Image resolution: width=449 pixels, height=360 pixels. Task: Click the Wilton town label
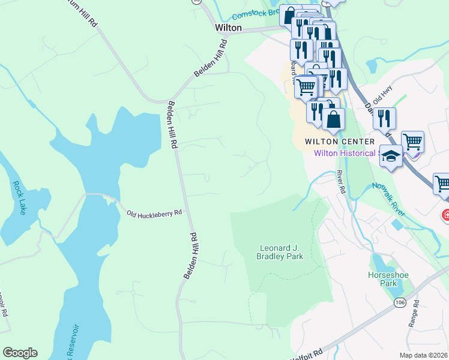(x=229, y=28)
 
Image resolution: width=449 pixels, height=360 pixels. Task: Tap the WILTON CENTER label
(x=340, y=142)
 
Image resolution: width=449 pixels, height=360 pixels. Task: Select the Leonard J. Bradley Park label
(x=282, y=252)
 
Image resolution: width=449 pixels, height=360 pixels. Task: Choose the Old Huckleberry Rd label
(x=154, y=213)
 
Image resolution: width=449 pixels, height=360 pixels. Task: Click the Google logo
(x=20, y=353)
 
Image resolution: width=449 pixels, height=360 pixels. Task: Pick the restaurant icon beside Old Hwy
(x=384, y=118)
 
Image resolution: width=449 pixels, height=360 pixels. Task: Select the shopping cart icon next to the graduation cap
(x=412, y=143)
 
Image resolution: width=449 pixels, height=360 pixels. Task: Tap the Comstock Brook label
(x=255, y=12)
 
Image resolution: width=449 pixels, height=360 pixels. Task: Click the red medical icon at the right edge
(x=446, y=214)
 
